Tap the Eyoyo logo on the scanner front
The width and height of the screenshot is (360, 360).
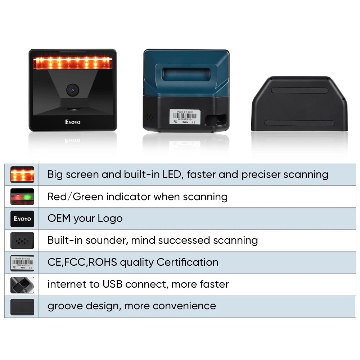73,122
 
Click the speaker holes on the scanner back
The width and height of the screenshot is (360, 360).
149,117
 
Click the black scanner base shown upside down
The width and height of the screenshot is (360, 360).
299,104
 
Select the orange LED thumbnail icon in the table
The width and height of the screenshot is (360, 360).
22,175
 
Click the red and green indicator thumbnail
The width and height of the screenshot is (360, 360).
22,197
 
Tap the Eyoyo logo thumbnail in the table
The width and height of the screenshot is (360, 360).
22,219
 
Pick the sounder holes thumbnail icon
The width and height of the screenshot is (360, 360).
22,240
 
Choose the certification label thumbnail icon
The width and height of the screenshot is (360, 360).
22,262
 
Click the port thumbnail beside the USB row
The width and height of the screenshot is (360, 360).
22,284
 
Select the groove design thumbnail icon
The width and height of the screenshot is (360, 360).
22,306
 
